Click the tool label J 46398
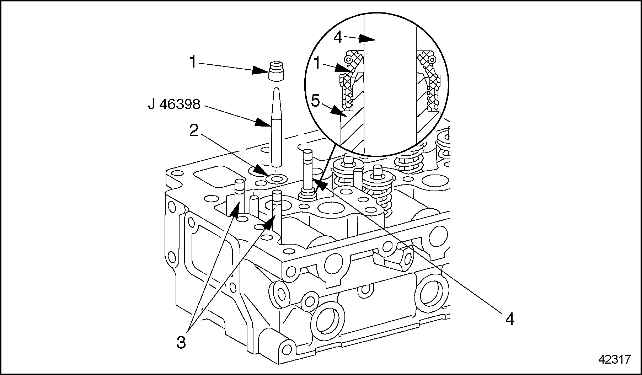click(x=174, y=104)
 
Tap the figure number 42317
click(x=615, y=360)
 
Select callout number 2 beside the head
click(x=194, y=132)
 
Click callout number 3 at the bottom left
click(x=181, y=343)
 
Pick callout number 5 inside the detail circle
click(x=315, y=101)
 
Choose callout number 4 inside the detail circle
click(x=338, y=37)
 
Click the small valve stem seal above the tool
click(x=276, y=71)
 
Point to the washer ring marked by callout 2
click(x=276, y=178)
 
